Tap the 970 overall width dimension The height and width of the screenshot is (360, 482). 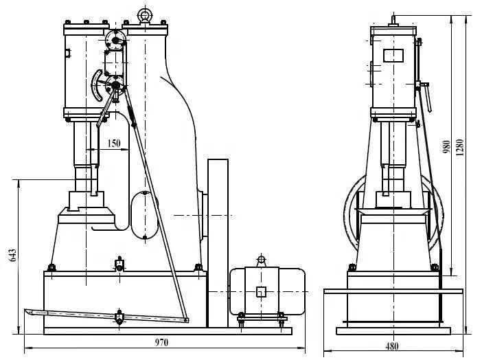(x=161, y=341)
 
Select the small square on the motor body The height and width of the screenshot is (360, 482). (x=261, y=291)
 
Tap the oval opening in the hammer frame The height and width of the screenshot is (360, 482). (x=145, y=215)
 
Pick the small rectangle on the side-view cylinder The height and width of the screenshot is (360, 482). (x=393, y=54)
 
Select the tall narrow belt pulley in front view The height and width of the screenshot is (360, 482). (x=218, y=240)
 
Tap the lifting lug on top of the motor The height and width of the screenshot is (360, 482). (x=260, y=260)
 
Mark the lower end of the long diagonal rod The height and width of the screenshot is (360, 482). (x=186, y=319)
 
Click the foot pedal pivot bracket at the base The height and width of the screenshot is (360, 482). (x=119, y=318)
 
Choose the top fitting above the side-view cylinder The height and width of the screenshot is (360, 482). (x=393, y=19)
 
